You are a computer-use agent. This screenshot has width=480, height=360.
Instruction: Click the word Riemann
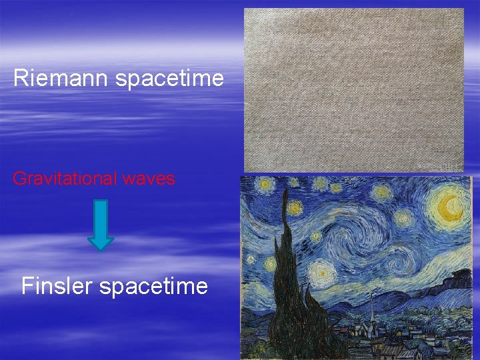coord(61,79)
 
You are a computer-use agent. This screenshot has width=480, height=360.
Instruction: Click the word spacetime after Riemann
coord(169,79)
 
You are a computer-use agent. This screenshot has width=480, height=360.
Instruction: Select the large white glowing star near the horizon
coord(322,272)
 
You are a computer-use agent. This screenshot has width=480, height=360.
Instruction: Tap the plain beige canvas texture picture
coord(353,90)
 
